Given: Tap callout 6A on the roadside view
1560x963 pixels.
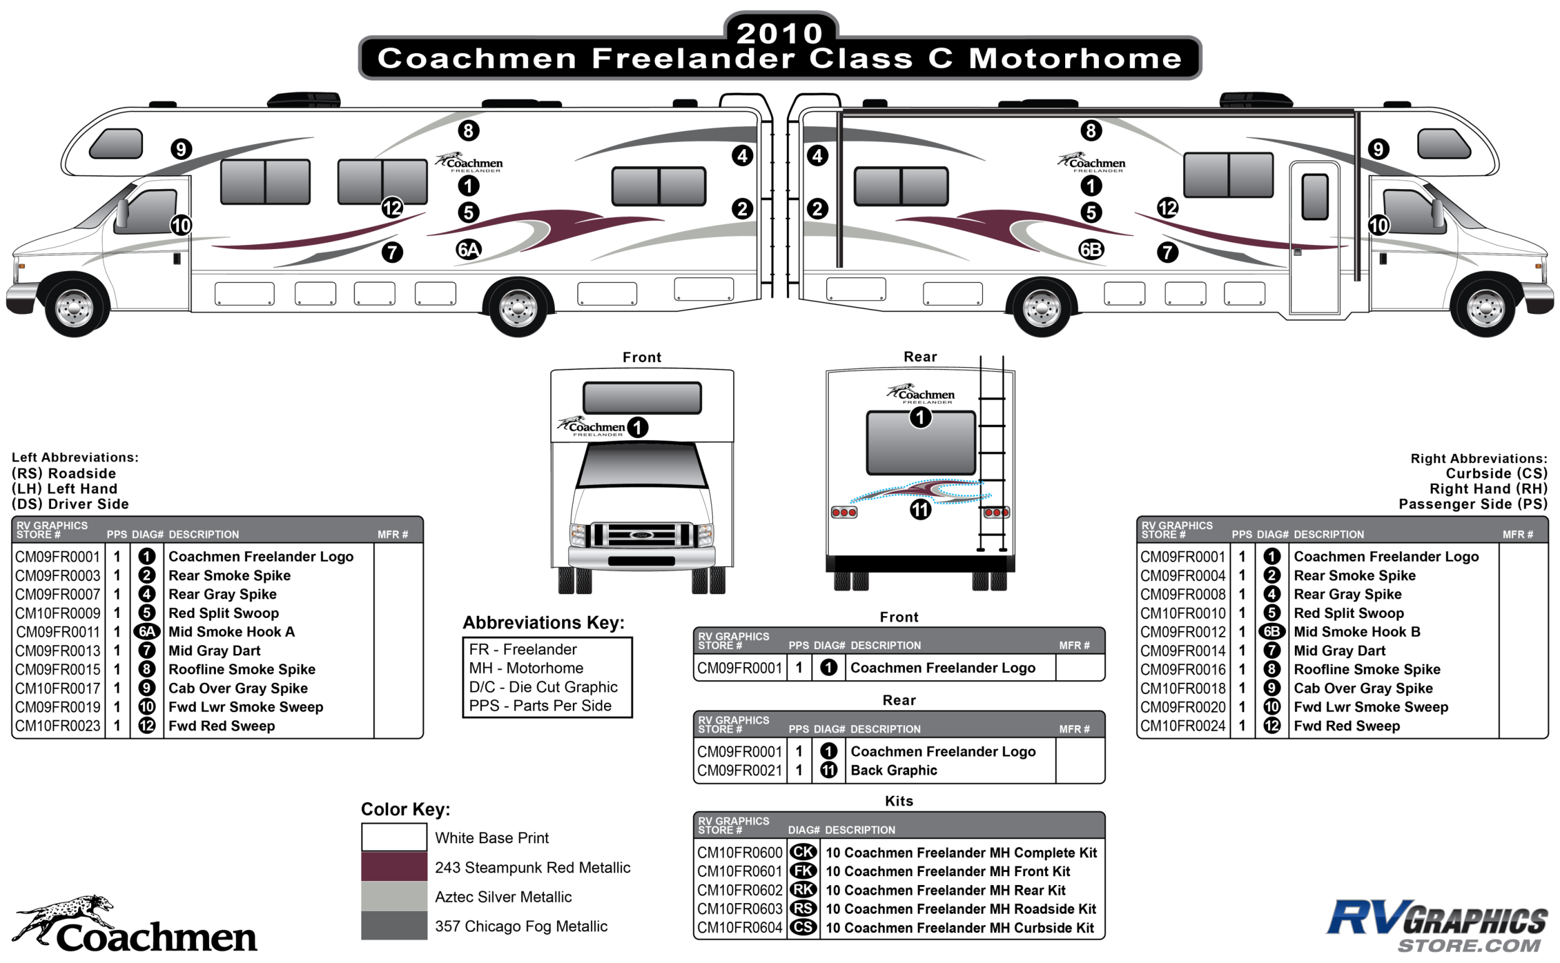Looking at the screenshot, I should pos(469,249).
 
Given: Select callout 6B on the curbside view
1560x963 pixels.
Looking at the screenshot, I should pos(1091,249).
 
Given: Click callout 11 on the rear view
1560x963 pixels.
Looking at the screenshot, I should pos(920,509).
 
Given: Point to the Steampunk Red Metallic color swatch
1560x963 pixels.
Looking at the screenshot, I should pos(394,867).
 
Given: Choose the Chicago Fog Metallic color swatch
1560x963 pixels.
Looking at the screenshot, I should pos(394,926).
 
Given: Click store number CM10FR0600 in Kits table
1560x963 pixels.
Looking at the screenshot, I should pos(739,853).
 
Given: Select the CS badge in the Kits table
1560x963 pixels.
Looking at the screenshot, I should pos(803,927).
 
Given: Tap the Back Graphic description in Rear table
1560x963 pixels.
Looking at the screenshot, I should pos(894,770).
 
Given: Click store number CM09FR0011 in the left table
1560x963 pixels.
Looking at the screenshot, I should pos(58,632).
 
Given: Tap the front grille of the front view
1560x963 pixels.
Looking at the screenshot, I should pos(641,534).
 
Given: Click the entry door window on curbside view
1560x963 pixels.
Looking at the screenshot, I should pos(1314,197).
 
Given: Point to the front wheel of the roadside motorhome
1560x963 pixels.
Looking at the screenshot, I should pos(74,308).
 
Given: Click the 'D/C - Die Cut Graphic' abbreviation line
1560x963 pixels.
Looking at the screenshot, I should pos(543,687).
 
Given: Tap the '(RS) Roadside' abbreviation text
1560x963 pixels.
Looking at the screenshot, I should pos(64,473).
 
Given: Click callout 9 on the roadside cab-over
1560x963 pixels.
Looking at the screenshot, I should pos(182,149).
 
